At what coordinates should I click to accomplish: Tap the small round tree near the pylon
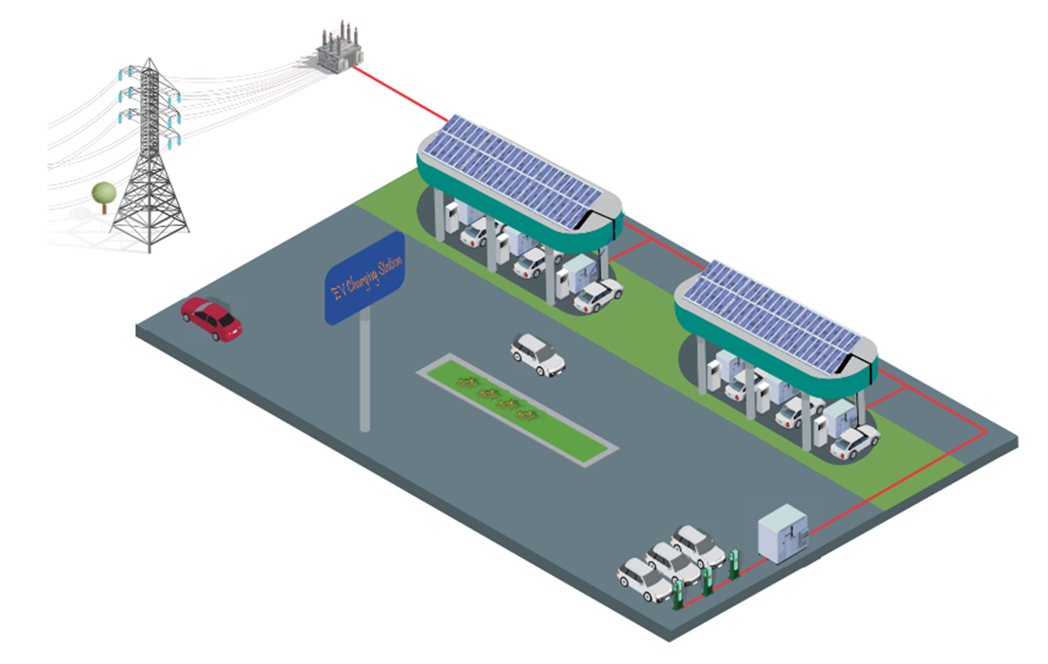(103, 194)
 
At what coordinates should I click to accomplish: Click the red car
(212, 318)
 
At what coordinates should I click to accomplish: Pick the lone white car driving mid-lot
(537, 354)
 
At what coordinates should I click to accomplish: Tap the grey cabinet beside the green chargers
(782, 532)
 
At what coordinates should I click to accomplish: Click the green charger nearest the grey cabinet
(734, 563)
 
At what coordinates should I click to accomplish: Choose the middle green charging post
(707, 580)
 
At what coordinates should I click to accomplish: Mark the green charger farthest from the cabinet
(677, 595)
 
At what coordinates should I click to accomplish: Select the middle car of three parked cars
(673, 561)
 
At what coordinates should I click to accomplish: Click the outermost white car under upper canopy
(598, 296)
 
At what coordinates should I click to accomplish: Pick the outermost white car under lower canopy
(854, 442)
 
